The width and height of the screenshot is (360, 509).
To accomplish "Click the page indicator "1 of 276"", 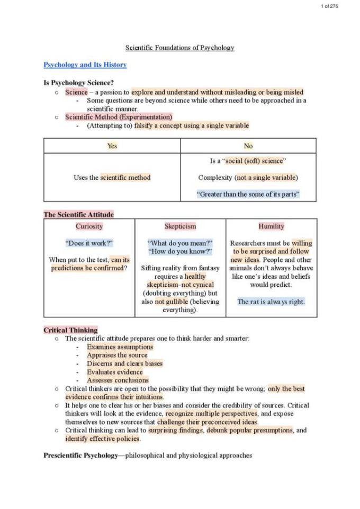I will tap(329, 6).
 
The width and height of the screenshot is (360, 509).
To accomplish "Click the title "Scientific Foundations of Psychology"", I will tap(179, 48).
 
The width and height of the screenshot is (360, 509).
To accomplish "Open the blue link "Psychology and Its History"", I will tap(85, 65).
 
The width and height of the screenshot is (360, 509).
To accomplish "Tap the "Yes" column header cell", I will tap(112, 146).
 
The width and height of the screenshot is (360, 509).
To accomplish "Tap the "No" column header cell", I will tap(248, 146).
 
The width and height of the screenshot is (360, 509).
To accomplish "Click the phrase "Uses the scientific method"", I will tap(112, 178).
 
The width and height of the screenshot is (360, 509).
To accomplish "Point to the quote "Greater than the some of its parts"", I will tap(248, 194).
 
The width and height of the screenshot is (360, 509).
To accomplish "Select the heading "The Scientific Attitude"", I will tap(78, 215).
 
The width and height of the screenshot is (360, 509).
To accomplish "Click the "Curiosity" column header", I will tap(89, 226).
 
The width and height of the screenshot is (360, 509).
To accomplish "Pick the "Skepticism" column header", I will tap(180, 226).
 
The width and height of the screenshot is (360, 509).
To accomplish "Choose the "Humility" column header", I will tap(271, 226).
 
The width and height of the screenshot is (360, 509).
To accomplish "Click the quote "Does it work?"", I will tap(89, 243).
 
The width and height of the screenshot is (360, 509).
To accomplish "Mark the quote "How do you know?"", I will tap(180, 252).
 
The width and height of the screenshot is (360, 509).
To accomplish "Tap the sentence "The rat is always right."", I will tap(271, 302).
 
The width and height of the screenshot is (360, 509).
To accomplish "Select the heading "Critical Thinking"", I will tap(70, 330).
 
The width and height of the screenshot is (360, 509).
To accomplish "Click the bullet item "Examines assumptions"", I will tap(120, 347).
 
